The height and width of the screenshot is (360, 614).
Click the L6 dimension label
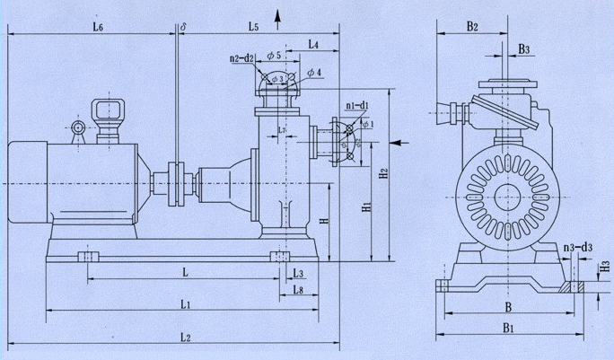coord(98,29)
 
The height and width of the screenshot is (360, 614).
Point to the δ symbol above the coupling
coord(183,29)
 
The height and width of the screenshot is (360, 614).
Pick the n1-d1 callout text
coord(357,106)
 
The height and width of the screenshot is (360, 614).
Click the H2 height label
coord(382,171)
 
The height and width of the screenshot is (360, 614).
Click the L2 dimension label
coord(185,338)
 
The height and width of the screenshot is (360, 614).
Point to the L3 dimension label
coord(298,273)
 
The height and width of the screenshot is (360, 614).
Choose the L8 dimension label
coord(298,291)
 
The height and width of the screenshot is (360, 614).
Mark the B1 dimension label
coord(507,329)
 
